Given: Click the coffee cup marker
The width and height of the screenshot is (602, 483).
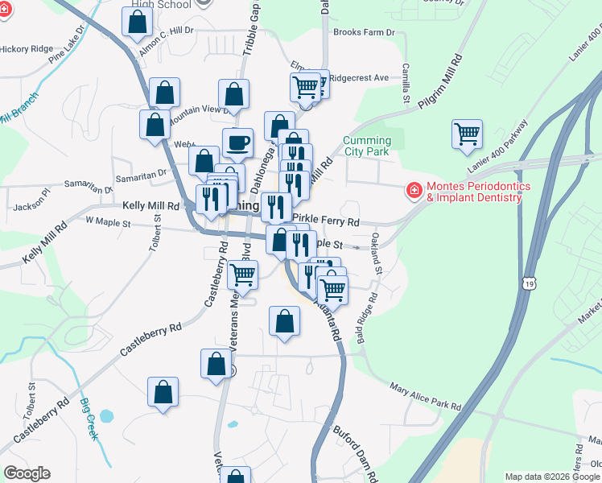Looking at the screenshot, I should [x=237, y=143].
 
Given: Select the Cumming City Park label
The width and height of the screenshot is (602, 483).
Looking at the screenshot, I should [x=367, y=146].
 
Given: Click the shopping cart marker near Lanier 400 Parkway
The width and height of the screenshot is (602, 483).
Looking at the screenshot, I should [x=467, y=134].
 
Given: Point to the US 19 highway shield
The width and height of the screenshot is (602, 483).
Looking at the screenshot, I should [x=528, y=283].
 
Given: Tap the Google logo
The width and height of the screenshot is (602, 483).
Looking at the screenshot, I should [x=27, y=473].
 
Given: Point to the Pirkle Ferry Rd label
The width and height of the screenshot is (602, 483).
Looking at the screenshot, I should [x=325, y=220].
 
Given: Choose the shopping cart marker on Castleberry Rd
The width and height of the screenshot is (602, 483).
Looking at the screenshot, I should [x=242, y=275].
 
